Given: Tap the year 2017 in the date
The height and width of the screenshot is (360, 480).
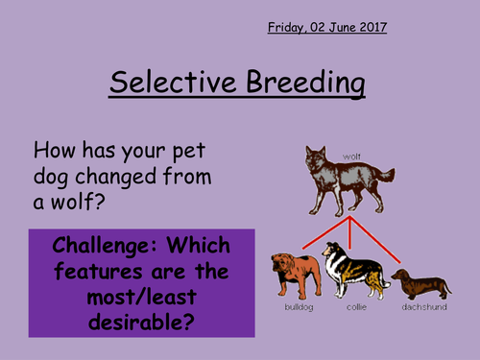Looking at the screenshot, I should coord(371,27).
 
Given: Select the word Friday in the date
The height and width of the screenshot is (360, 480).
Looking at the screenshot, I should coord(289,28).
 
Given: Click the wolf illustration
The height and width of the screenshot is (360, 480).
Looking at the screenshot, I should coord(342,179).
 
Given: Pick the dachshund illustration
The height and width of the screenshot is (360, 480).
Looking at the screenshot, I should coord(420,284).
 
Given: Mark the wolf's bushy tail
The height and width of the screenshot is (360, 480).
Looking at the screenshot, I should coord(382,176).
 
